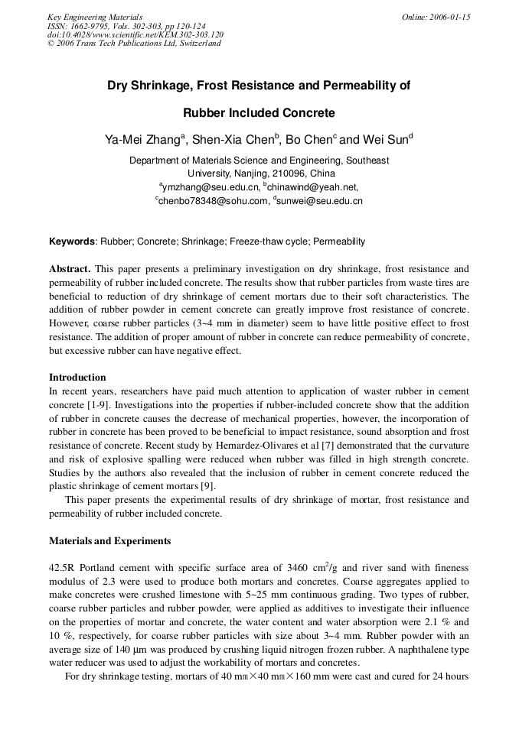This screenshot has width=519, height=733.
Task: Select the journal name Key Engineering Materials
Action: [94, 17]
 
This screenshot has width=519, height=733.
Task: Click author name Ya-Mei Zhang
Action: [142, 139]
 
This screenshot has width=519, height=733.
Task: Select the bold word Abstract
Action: [70, 269]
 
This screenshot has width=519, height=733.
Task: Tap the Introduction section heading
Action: [77, 378]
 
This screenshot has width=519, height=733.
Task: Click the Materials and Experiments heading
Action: [109, 541]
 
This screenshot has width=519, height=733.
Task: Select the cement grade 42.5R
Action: [62, 569]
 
